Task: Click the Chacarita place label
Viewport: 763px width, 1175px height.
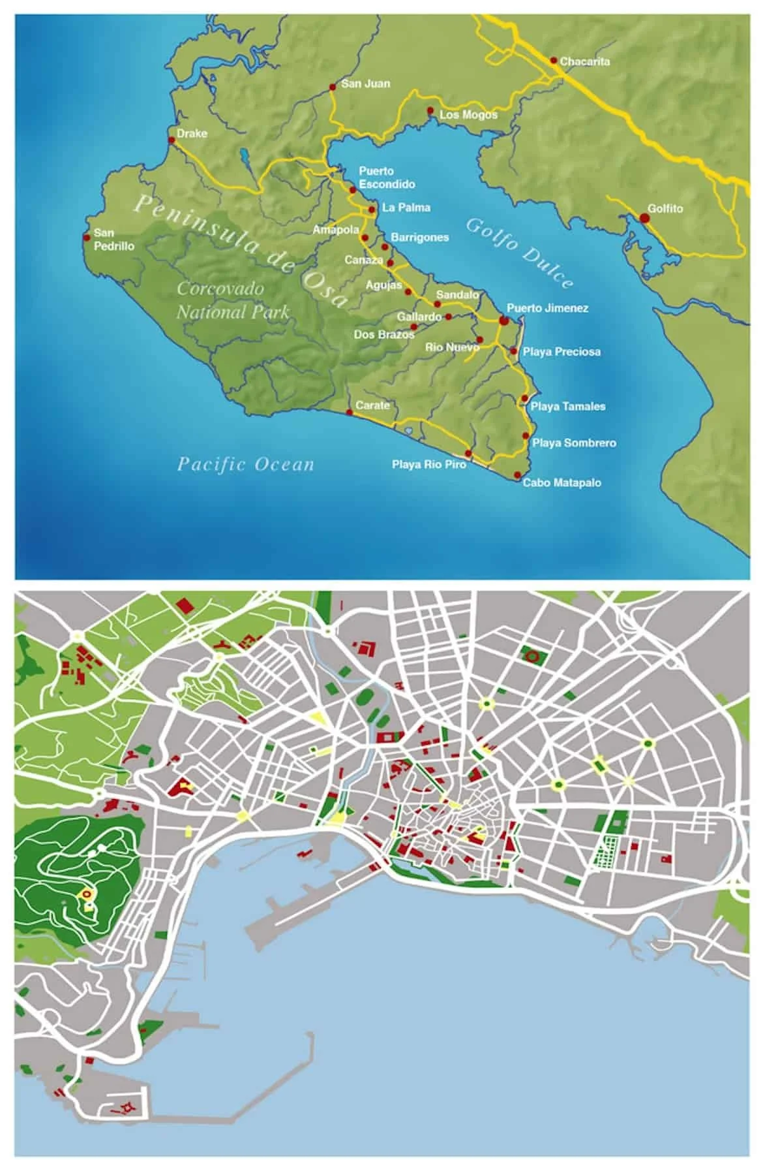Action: (x=584, y=61)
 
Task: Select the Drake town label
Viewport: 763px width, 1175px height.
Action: (x=192, y=134)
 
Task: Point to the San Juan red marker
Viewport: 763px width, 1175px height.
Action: (x=333, y=86)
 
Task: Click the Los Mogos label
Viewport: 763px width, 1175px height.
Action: (x=468, y=115)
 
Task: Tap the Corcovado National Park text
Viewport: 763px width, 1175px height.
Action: (x=233, y=300)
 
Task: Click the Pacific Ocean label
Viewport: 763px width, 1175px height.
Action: (x=246, y=465)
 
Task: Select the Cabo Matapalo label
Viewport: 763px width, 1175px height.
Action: (x=561, y=483)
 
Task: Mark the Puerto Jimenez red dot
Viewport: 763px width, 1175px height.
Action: (x=503, y=321)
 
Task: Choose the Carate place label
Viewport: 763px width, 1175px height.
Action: (x=372, y=405)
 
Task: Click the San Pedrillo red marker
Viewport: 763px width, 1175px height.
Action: (x=86, y=238)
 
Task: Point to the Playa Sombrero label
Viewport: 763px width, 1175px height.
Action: (x=574, y=443)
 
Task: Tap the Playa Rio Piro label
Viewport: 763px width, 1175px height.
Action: (x=428, y=465)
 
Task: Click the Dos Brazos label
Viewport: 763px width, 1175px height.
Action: (x=383, y=334)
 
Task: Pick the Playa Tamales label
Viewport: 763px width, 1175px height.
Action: (x=567, y=407)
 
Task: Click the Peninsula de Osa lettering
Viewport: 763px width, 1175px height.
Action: (x=241, y=251)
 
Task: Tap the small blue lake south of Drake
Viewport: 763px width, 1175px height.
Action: (x=244, y=156)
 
